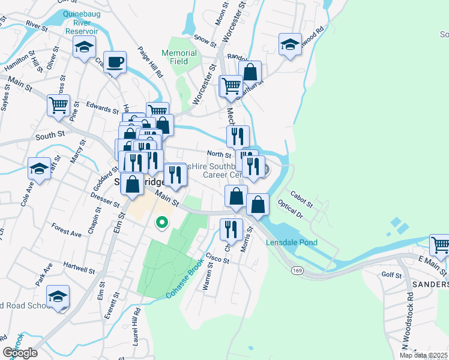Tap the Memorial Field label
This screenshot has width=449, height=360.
tap(179, 57)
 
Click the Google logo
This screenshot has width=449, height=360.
tap(20, 352)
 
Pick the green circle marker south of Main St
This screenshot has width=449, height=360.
tap(161, 224)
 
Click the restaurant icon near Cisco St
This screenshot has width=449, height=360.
tap(231, 228)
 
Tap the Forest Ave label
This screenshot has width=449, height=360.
tap(66, 230)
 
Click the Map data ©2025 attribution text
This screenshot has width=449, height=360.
tap(424, 355)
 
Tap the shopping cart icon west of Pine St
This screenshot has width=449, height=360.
tap(58, 105)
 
